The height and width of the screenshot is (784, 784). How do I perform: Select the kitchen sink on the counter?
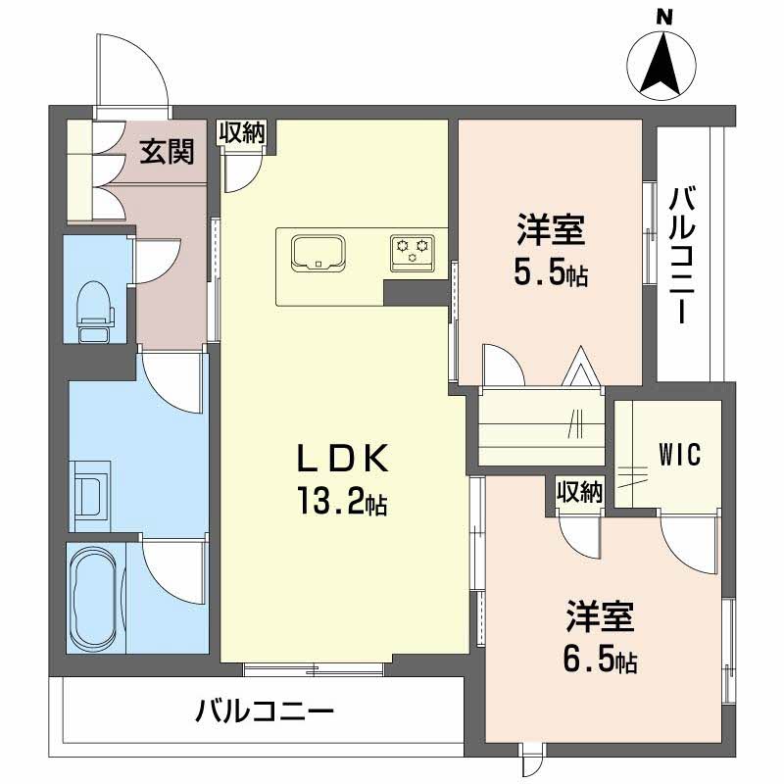click(x=317, y=253)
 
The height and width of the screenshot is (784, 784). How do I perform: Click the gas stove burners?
click(x=413, y=252)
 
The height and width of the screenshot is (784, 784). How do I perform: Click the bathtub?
click(x=95, y=596)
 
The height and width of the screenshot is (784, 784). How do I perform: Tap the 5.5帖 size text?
click(x=551, y=274)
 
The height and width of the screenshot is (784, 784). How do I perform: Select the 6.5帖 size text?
click(x=600, y=661)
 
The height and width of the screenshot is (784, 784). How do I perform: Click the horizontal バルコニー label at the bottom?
click(x=265, y=710)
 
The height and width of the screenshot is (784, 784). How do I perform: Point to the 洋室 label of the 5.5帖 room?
click(x=551, y=233)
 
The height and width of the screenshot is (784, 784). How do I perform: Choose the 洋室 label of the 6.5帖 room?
click(x=600, y=619)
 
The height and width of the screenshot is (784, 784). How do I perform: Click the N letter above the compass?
click(x=663, y=17)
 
